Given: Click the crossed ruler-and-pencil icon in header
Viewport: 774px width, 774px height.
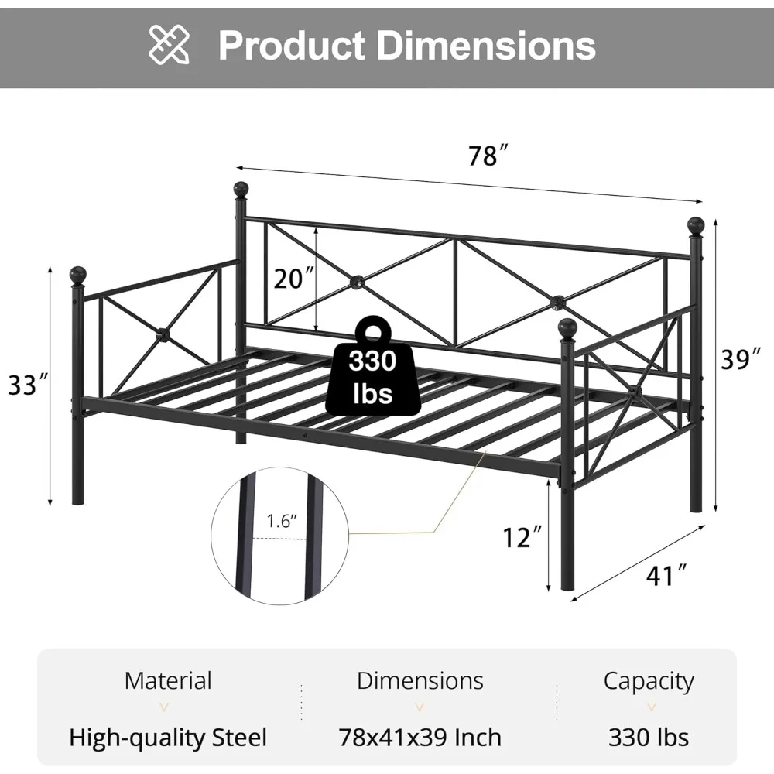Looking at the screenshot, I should click(x=170, y=45).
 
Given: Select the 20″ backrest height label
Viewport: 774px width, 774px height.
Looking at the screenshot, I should click(x=293, y=278).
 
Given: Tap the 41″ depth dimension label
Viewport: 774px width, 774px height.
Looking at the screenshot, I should click(x=665, y=574).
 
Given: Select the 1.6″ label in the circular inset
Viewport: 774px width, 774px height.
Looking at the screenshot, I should click(x=283, y=522).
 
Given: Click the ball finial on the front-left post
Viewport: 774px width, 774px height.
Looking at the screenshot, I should click(x=78, y=275).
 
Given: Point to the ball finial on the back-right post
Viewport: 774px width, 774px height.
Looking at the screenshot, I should click(x=695, y=225).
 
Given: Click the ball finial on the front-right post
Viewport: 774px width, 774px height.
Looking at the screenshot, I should click(x=567, y=327).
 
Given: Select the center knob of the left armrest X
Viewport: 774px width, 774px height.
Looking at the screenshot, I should click(x=163, y=334).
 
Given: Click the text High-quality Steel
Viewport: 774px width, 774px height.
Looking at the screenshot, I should click(x=168, y=736).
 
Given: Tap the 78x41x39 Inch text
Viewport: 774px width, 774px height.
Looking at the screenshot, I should click(x=420, y=736).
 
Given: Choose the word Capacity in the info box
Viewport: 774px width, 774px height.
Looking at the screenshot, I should click(x=649, y=681).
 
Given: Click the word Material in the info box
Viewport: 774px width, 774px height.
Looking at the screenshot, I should click(x=168, y=681).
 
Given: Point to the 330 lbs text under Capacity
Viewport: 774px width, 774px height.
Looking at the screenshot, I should click(x=649, y=736).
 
